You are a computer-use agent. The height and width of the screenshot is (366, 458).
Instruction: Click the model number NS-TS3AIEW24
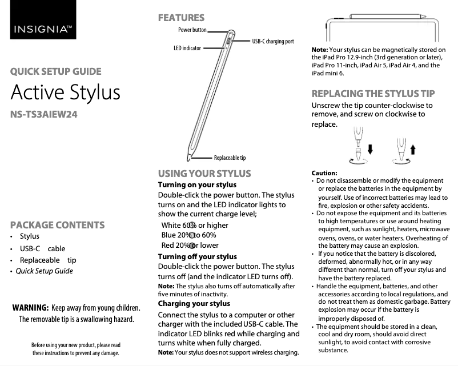click(x=44, y=114)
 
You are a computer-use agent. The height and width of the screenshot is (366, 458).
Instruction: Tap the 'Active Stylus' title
click(x=66, y=92)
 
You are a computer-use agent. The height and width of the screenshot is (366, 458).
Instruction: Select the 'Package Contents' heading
click(x=57, y=225)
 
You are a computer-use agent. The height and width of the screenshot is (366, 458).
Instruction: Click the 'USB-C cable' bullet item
click(x=42, y=248)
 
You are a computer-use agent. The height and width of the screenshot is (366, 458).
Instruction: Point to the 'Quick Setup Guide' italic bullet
click(x=44, y=271)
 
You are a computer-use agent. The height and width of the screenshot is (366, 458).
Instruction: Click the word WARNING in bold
click(x=30, y=308)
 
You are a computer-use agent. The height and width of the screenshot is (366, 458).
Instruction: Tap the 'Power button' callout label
click(x=192, y=30)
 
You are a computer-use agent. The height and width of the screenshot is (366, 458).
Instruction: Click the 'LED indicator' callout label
click(x=187, y=49)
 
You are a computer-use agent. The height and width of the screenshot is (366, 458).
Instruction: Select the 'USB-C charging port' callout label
click(x=273, y=41)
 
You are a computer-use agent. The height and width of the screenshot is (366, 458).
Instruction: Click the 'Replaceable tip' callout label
click(x=230, y=158)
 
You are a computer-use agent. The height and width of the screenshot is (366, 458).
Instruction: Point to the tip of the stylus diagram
click(x=188, y=157)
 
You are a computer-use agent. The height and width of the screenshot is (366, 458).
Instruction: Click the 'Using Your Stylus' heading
click(x=204, y=174)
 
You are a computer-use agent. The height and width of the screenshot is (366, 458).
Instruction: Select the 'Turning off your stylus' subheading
click(x=197, y=257)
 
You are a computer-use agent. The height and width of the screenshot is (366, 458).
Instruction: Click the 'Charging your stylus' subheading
click(x=194, y=303)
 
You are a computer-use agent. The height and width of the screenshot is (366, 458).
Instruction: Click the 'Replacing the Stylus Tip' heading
click(x=373, y=94)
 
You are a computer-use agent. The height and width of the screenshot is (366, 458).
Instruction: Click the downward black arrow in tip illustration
click(x=371, y=150)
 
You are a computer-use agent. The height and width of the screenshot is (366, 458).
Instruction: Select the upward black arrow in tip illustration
click(x=413, y=150)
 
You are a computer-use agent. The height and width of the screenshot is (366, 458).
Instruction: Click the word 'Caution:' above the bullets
click(x=324, y=173)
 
